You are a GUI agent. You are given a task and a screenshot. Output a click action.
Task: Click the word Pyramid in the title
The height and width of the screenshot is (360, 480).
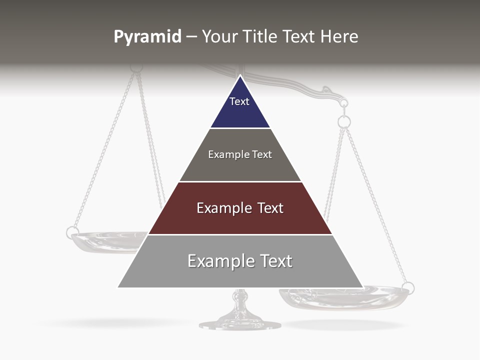click(x=147, y=37)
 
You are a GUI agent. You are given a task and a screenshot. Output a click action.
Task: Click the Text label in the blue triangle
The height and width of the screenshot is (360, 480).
click(x=239, y=101)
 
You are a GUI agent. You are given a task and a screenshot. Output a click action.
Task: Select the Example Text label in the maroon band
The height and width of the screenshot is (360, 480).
click(x=240, y=208)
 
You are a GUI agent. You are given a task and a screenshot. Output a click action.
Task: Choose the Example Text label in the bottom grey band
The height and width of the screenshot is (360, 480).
click(x=240, y=261)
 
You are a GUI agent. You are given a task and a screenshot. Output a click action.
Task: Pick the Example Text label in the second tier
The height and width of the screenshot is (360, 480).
click(x=240, y=154)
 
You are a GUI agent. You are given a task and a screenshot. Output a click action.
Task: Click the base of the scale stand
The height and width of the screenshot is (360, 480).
click(x=240, y=324)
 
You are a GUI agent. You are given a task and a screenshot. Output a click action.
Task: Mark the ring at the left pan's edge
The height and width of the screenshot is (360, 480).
click(x=72, y=232)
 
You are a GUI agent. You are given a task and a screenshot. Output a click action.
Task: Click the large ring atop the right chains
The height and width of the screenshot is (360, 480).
click(x=344, y=121)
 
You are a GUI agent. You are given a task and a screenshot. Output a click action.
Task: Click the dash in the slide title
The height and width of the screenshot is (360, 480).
click(x=191, y=37)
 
